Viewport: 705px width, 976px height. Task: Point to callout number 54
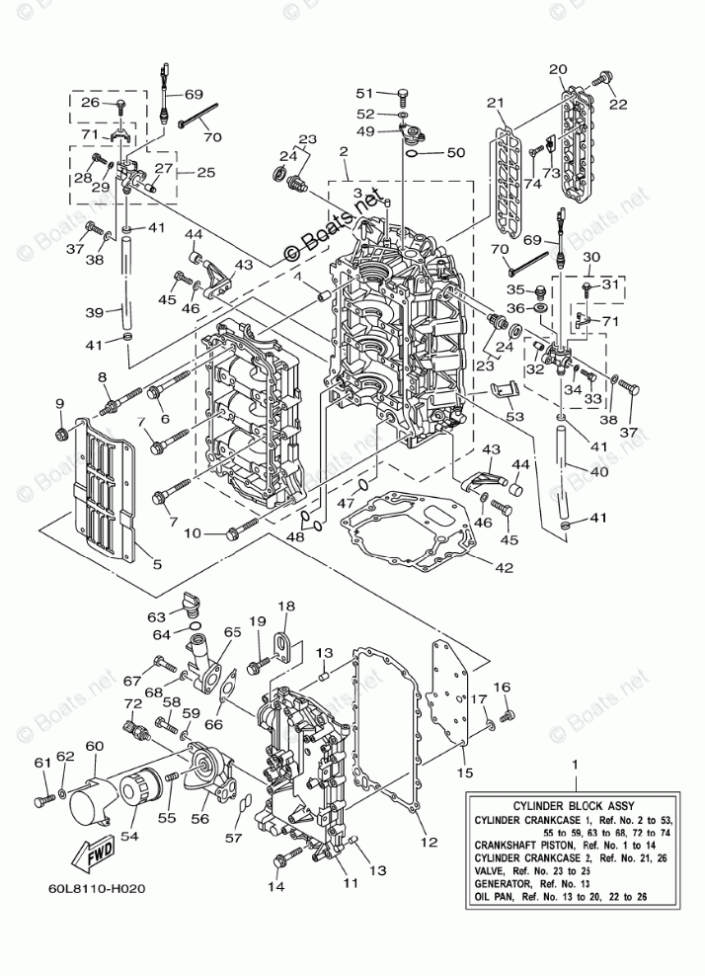click(x=129, y=836)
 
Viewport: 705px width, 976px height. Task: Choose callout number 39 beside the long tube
click(x=94, y=312)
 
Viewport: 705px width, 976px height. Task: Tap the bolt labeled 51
click(x=402, y=94)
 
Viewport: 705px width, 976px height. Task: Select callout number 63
click(x=156, y=616)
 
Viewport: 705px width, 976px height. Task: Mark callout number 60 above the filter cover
click(x=95, y=747)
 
